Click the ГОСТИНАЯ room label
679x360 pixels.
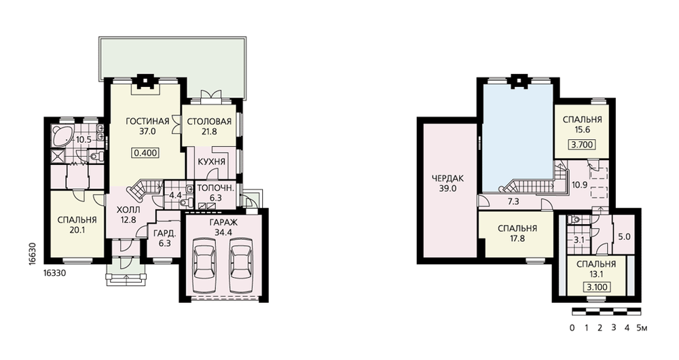pos(147,122)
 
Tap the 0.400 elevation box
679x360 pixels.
pos(145,153)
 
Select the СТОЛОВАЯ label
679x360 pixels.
pos(209,122)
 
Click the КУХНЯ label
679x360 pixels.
pos(211,162)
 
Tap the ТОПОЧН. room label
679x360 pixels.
pos(216,188)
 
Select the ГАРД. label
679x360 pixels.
pos(164,233)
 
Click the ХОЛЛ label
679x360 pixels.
pos(128,210)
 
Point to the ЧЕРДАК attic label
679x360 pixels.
pos(447,178)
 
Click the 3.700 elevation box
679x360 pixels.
pos(582,145)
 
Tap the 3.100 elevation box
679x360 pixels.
pos(596,287)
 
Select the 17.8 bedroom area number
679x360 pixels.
pos(517,238)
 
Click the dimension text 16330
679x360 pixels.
pos(54,273)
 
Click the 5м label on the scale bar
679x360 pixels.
pos(642,328)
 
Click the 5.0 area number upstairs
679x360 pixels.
pos(624,237)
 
